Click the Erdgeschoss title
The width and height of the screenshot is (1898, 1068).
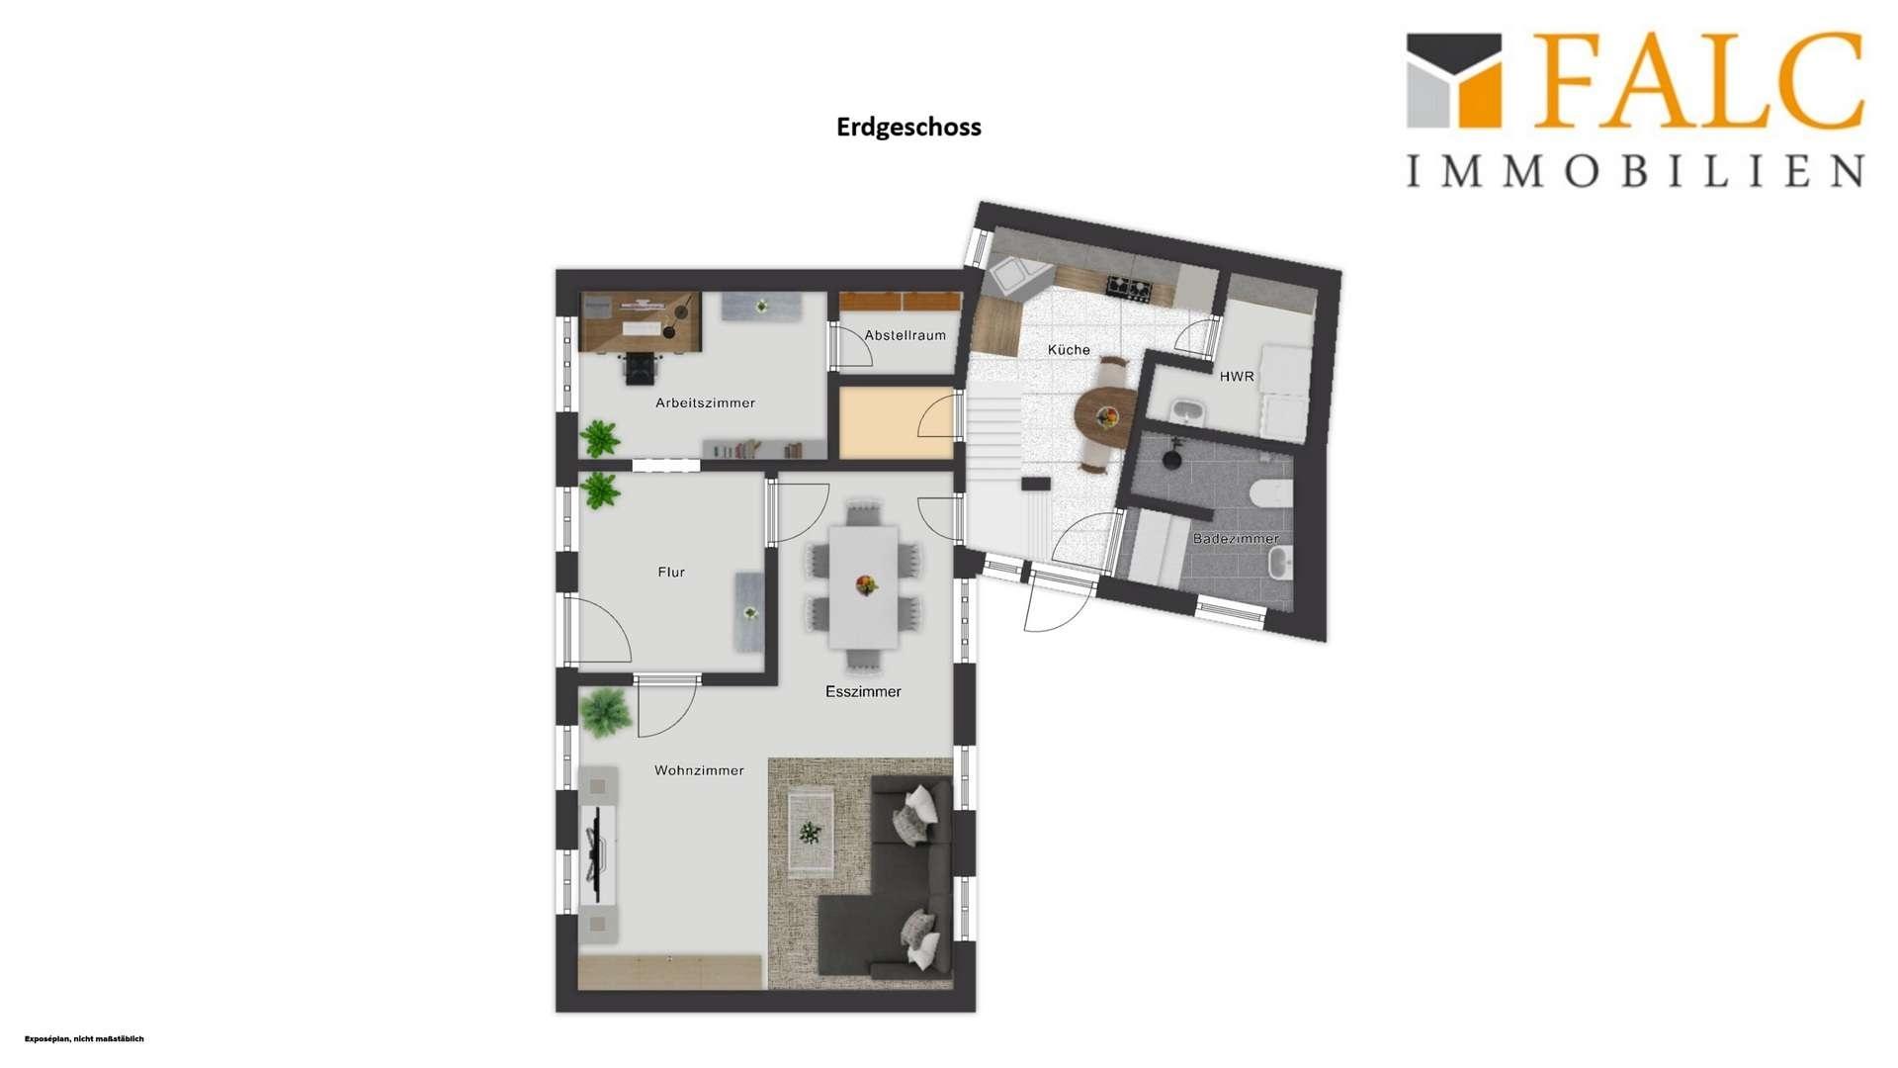[x=908, y=128]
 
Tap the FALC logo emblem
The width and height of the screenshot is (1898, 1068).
[x=1454, y=81]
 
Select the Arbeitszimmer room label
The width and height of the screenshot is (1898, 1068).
[x=705, y=403]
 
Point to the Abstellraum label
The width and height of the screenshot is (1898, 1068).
[x=905, y=335]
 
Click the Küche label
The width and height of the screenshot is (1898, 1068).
[x=1069, y=350]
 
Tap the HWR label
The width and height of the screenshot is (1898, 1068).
[x=1237, y=377]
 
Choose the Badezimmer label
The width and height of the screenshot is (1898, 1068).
[x=1236, y=539]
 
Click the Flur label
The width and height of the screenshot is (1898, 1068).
[x=671, y=573]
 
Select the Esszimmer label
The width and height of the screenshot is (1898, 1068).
[x=863, y=692]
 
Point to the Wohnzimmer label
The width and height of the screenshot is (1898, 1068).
[x=699, y=770]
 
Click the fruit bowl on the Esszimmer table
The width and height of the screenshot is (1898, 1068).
[x=867, y=585]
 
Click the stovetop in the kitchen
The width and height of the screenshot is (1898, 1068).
[x=1129, y=288]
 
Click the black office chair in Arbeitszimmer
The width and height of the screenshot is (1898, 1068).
[x=640, y=368]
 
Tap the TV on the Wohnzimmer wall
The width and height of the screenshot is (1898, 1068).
[x=595, y=854]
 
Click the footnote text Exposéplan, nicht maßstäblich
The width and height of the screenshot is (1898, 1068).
[x=84, y=1039]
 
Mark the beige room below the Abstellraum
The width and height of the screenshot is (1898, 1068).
[x=896, y=422]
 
